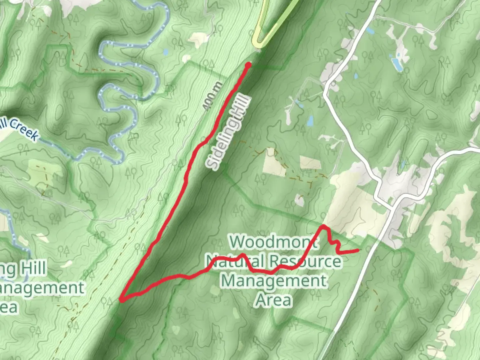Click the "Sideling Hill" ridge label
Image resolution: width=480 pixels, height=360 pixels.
tap(228, 132)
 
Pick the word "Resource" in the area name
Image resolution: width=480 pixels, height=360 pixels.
tap(307, 261)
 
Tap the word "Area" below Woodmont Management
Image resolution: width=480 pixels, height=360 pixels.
tap(274, 300)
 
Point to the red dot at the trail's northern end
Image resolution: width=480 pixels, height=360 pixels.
tap(248, 65)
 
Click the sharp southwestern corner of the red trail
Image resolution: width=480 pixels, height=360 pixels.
tap(122, 300)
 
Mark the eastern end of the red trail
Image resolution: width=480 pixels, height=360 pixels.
tap(359, 250)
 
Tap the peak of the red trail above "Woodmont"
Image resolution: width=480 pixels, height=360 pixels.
tap(323, 227)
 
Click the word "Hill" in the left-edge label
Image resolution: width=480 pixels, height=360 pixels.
tap(33, 269)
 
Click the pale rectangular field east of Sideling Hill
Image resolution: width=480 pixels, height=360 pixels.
tap(310, 163)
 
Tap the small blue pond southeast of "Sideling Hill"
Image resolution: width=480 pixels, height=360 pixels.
tap(310, 121)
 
